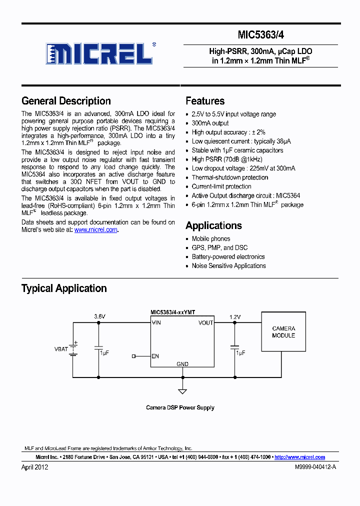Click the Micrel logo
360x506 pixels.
pyautogui.click(x=99, y=53)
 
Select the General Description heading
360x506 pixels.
pyautogui.click(x=66, y=101)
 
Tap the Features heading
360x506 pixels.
pyautogui.click(x=205, y=101)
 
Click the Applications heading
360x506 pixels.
pyautogui.click(x=213, y=225)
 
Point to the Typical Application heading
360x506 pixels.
pyautogui.click(x=64, y=288)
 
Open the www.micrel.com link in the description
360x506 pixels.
pyautogui.click(x=96, y=230)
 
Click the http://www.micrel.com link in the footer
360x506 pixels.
pyautogui.click(x=300, y=457)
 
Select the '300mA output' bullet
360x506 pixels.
pyautogui.click(x=210, y=123)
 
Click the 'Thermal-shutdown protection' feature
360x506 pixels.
pyautogui.click(x=230, y=177)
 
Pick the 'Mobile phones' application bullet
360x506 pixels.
pyautogui.click(x=211, y=239)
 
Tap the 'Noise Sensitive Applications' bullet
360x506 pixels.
pyautogui.click(x=228, y=266)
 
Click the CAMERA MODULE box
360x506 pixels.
pyautogui.click(x=283, y=332)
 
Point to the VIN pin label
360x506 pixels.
pyautogui.click(x=156, y=323)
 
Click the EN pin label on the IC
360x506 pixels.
pyautogui.click(x=155, y=356)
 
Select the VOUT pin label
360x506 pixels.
pyautogui.click(x=205, y=323)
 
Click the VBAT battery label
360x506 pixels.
pyautogui.click(x=61, y=349)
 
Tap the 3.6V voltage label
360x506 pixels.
pyautogui.click(x=100, y=316)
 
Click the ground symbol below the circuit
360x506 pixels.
pyautogui.click(x=182, y=390)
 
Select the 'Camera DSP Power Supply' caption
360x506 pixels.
pyautogui.click(x=180, y=407)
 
